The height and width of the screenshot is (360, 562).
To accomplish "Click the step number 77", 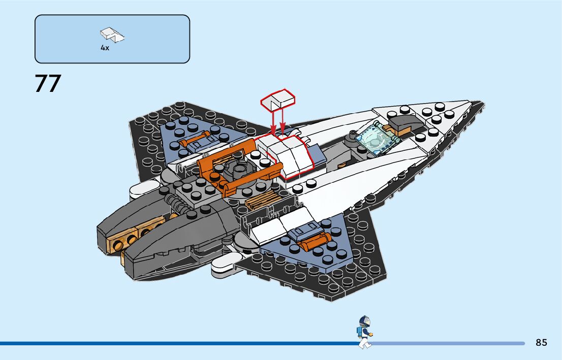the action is point(48,84).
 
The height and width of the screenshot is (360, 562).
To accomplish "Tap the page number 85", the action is point(541,343).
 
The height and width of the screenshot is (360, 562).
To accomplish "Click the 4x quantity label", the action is point(105,48).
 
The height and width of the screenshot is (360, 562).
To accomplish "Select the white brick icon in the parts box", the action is point(113,35).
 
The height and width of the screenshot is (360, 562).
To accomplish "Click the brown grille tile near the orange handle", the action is point(261,202).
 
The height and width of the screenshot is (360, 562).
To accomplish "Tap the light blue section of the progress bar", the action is point(447,343).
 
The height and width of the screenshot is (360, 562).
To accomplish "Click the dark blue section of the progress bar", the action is point(178,343).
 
